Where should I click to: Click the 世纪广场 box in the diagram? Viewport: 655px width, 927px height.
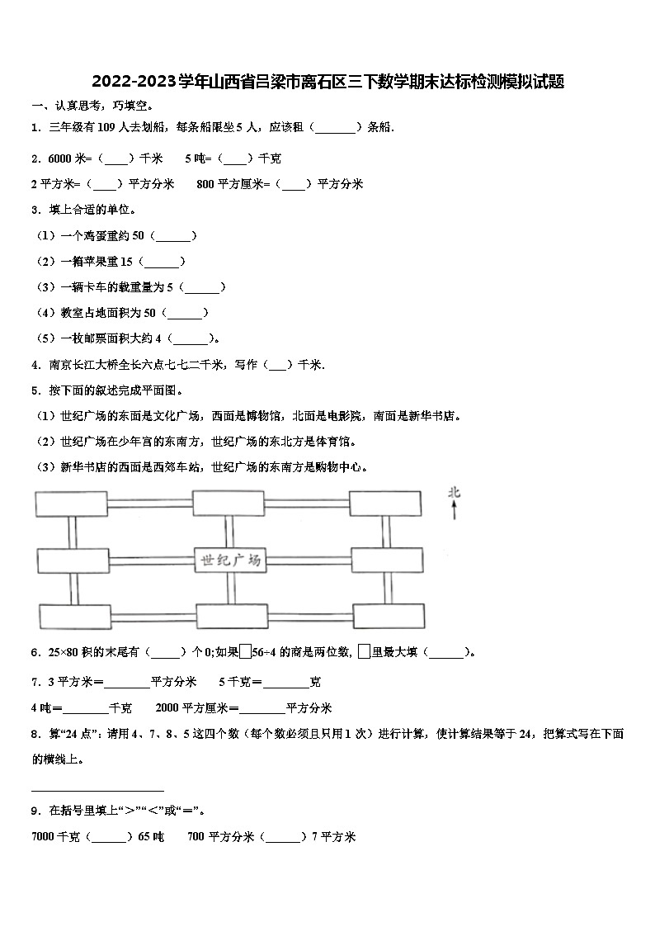(230, 560)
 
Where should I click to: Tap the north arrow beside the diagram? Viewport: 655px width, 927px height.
(454, 513)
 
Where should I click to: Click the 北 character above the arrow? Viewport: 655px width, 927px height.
(454, 494)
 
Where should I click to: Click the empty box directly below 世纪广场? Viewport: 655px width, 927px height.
(232, 616)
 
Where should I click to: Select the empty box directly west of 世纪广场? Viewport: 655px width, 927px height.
(72, 560)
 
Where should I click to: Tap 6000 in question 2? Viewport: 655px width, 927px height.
(60, 158)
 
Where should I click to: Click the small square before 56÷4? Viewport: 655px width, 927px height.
(245, 651)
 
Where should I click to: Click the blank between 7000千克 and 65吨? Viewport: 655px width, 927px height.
(108, 836)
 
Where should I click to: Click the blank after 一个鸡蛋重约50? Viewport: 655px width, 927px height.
(175, 236)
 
